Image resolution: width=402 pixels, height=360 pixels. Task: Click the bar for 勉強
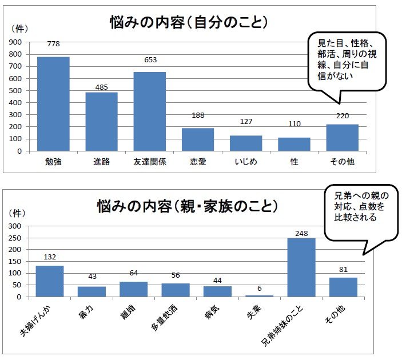pos(53,104)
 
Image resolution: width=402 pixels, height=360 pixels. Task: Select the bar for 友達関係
pos(150,111)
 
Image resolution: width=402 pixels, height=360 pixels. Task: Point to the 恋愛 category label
pos(198,162)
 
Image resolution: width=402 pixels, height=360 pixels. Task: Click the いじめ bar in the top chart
pos(246,143)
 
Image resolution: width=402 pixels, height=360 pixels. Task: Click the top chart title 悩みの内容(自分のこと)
pos(189,23)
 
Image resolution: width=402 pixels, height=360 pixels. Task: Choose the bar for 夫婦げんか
pos(50,281)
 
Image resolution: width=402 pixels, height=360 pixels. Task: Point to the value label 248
pos(301,233)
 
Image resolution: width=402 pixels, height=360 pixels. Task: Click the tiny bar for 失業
pos(260,296)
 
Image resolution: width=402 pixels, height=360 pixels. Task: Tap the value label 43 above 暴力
pos(91,277)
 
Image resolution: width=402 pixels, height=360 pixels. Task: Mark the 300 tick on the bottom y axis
pos(15,226)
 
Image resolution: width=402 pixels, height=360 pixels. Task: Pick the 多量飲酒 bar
pos(176,290)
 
